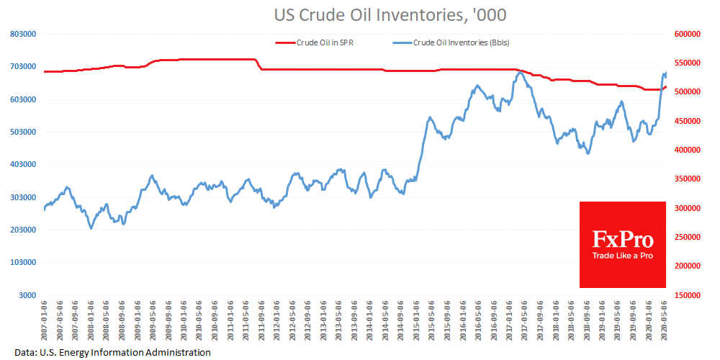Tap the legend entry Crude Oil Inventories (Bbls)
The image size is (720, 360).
461,42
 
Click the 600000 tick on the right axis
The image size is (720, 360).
688,34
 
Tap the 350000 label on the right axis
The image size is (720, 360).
688,179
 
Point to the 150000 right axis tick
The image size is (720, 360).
688,295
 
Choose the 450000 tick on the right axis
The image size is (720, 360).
688,121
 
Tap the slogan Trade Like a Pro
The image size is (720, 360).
623,256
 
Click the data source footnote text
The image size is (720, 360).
112,352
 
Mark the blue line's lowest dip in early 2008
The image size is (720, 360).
91,228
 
